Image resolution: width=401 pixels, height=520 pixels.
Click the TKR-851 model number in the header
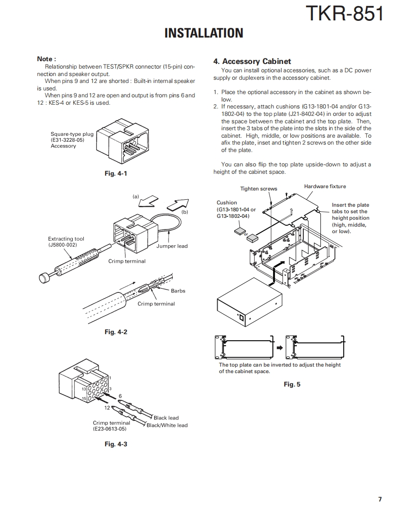(x=345, y=14)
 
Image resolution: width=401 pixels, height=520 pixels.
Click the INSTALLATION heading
(x=204, y=33)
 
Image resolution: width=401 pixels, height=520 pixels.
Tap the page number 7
(x=380, y=499)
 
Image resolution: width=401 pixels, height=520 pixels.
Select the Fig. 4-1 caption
(x=116, y=173)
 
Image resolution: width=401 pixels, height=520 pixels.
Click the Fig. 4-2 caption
(x=116, y=332)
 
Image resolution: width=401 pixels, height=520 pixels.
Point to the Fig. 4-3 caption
(x=116, y=444)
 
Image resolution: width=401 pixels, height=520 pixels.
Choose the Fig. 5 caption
(x=292, y=384)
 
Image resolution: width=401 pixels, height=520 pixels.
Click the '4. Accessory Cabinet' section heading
(x=252, y=61)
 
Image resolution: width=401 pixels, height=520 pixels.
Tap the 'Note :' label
(x=46, y=59)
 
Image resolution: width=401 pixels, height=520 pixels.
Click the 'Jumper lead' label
(x=172, y=246)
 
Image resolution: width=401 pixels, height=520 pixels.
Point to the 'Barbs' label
(x=178, y=291)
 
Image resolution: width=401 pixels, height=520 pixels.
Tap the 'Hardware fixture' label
(x=325, y=186)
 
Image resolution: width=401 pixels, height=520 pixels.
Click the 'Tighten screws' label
(x=258, y=189)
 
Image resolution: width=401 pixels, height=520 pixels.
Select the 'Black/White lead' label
(x=167, y=425)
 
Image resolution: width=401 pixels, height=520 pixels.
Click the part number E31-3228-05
(x=68, y=140)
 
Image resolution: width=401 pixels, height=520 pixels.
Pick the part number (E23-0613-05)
(x=109, y=429)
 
